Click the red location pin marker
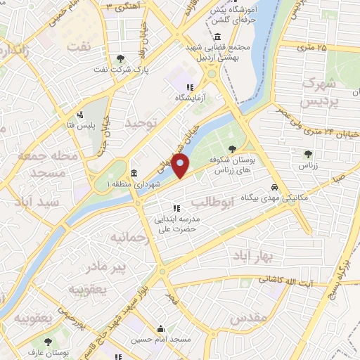[x=181, y=166]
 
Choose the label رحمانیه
[x=127, y=238]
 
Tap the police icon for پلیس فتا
[x=82, y=115]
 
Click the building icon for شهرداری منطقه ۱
[x=134, y=172]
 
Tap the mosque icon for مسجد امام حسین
[x=161, y=328]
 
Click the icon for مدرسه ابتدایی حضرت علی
[x=176, y=207]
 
